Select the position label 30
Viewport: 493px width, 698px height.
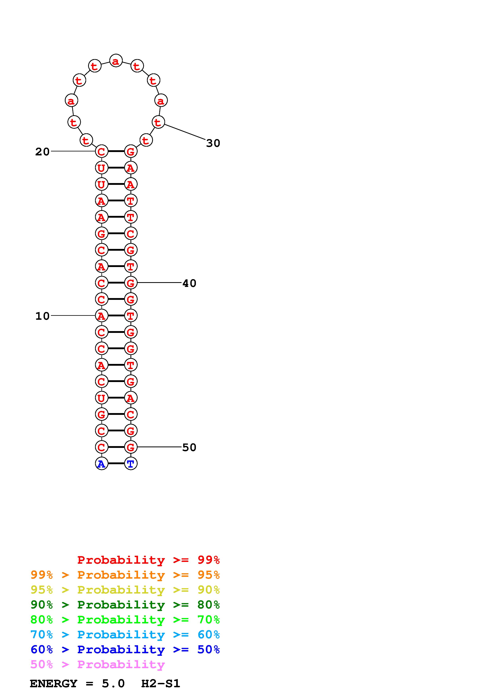click(213, 143)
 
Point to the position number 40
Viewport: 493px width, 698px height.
click(189, 283)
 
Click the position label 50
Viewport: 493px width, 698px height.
click(189, 447)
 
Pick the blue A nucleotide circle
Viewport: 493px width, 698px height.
click(101, 464)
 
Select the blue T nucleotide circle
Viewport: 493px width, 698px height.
click(131, 464)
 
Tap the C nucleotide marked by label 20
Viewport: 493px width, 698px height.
click(101, 151)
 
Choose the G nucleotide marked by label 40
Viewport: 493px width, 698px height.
click(131, 283)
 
